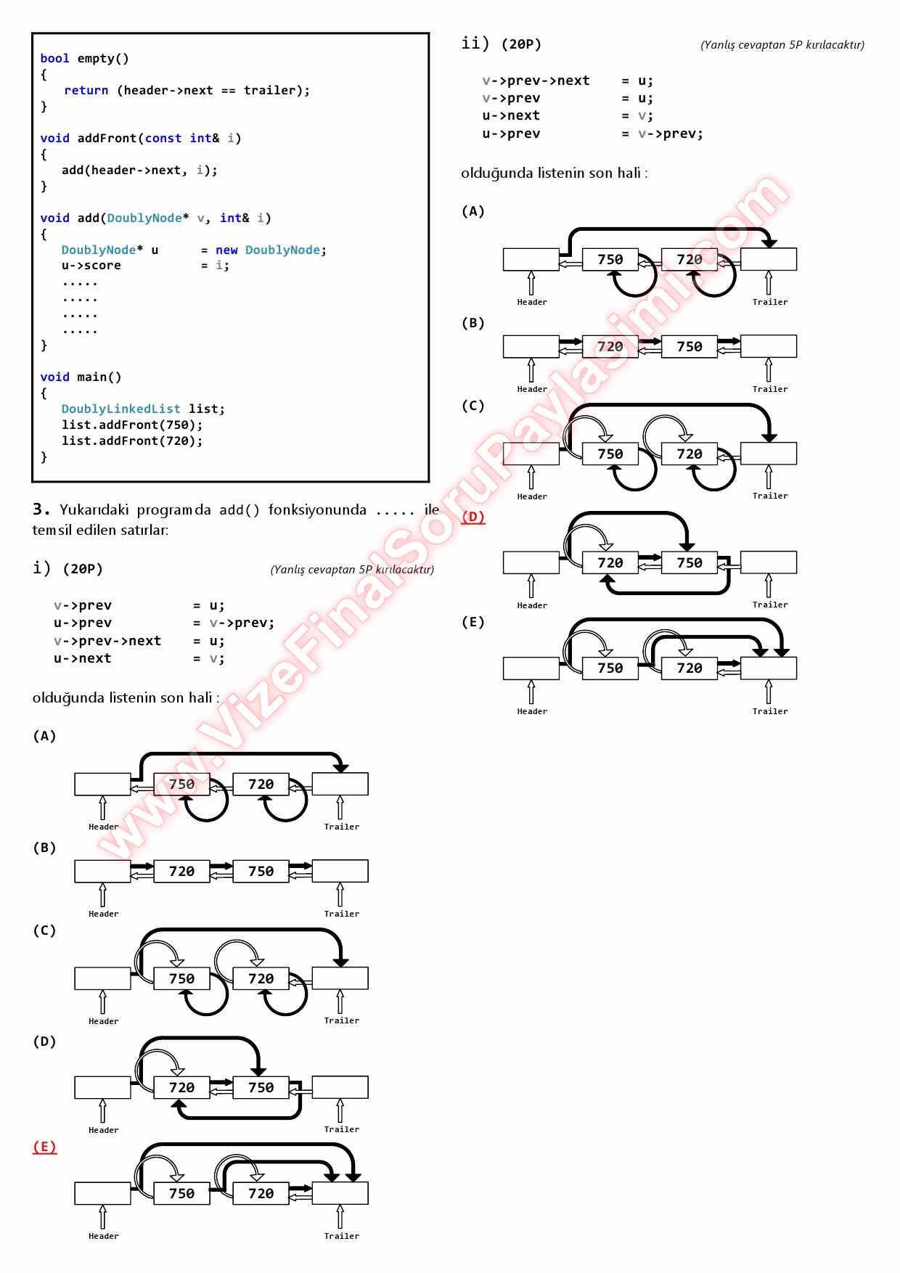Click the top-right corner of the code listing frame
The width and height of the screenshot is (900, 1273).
tap(429, 33)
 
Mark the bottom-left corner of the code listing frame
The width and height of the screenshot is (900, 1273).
tap(33, 481)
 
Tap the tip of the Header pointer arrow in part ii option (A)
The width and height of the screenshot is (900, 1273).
tap(531, 272)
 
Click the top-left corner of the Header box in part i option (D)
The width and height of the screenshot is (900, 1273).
tap(75, 1076)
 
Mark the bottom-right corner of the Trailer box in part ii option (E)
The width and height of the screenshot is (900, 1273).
tap(797, 679)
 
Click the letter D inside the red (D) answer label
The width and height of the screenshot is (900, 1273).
tap(473, 517)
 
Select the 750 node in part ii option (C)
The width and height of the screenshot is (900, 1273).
tap(610, 454)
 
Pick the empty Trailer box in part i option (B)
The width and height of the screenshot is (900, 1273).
tap(340, 871)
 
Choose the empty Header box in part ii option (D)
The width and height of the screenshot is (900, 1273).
tap(531, 562)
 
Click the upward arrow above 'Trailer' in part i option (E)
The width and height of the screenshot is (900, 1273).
tap(340, 1216)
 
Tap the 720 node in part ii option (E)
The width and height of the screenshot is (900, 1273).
tap(690, 668)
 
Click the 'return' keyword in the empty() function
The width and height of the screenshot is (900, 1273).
tap(86, 90)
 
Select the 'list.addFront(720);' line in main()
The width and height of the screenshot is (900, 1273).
tap(132, 441)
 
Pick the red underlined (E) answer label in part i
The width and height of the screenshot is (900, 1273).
tap(44, 1147)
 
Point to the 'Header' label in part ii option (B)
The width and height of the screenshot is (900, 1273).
tap(532, 389)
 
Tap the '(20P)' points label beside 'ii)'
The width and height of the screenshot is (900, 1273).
tap(521, 44)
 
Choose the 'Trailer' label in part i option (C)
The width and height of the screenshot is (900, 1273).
tap(341, 1020)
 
